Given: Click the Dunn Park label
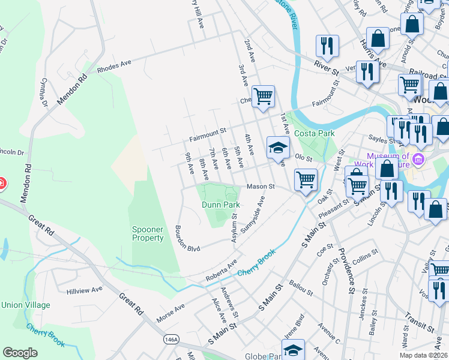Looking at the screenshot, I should click(220, 205).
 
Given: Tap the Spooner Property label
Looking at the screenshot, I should click(148, 233).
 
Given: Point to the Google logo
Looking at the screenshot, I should click(20, 353).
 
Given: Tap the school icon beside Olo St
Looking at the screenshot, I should click(278, 148).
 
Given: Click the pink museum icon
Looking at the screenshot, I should click(418, 160).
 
